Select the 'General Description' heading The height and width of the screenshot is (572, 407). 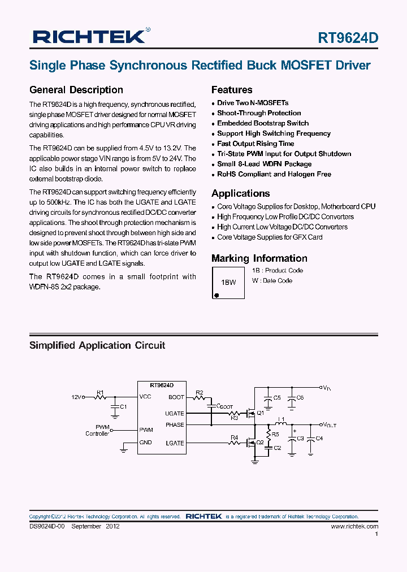(x=76, y=90)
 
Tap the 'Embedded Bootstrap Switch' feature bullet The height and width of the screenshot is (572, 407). (x=263, y=123)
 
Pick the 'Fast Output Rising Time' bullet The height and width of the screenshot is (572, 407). (x=256, y=144)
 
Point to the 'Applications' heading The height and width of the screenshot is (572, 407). (x=240, y=193)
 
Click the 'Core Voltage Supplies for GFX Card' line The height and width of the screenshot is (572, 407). (x=270, y=237)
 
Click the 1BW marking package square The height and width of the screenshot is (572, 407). (x=229, y=282)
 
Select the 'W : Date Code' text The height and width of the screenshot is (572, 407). (x=272, y=281)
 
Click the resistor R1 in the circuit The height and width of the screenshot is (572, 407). (x=101, y=397)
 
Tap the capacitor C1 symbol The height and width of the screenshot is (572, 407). (x=116, y=406)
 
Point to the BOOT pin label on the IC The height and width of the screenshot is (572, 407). (x=176, y=397)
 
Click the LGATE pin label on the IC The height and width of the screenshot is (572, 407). (x=175, y=443)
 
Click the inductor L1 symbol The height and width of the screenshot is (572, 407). (x=280, y=424)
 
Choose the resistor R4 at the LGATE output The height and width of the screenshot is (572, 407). (x=235, y=443)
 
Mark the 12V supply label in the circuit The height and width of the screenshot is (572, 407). (x=76, y=397)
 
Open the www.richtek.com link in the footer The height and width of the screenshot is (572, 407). (x=354, y=526)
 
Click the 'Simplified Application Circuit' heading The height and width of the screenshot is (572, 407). (x=97, y=345)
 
